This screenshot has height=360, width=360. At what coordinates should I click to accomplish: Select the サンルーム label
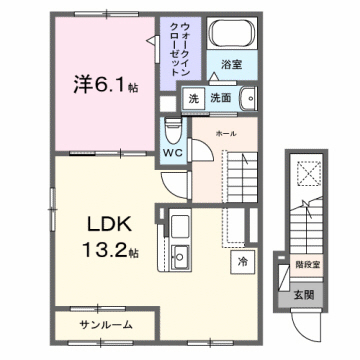[105, 326]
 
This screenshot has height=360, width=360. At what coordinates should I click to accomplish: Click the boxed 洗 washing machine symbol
[192, 98]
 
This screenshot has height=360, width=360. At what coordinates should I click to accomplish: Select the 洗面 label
[221, 98]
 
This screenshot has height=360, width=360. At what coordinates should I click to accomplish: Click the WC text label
[172, 153]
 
